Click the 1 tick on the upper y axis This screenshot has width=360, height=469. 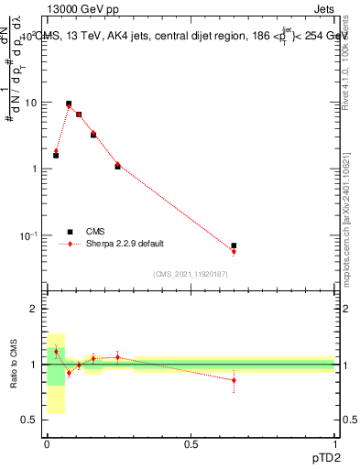click(34, 169)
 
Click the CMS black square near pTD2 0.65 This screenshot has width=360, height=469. click(234, 245)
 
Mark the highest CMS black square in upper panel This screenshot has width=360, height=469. click(69, 104)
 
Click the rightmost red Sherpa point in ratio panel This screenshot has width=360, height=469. click(234, 380)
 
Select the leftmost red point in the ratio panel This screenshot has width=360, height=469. click(56, 352)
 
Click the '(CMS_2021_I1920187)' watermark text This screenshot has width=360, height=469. click(190, 274)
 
